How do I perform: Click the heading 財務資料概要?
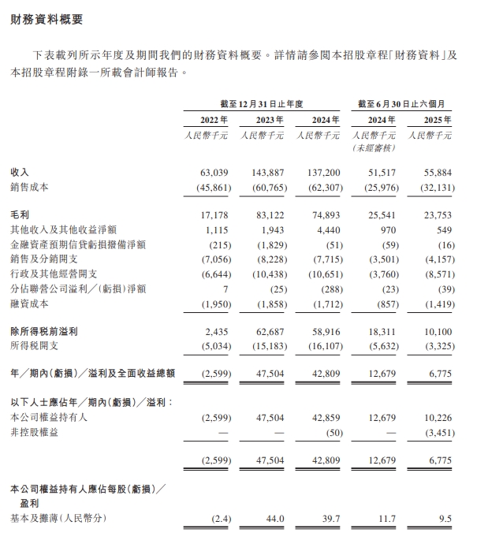(x=47, y=19)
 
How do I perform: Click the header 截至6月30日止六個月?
(x=405, y=103)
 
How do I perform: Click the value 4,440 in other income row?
(x=326, y=229)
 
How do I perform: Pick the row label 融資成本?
(x=28, y=304)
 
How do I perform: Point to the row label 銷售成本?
(x=28, y=186)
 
